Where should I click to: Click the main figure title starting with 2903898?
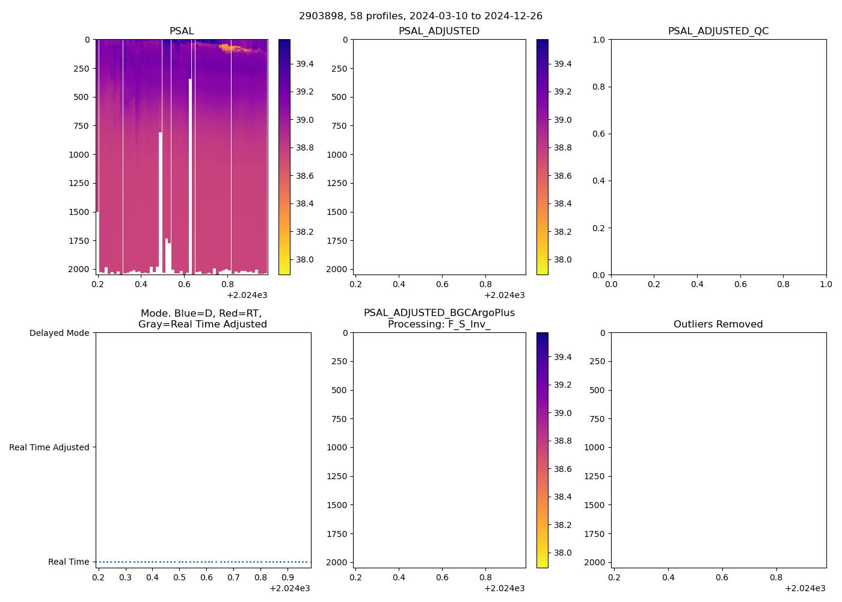coord(420,16)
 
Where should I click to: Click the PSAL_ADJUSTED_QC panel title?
coord(718,31)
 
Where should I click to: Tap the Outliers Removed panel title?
coord(718,324)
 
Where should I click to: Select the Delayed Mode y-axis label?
coord(59,333)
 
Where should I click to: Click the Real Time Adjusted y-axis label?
coord(49,447)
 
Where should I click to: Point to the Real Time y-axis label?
coord(69,562)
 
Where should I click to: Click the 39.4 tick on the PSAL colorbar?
coord(304,64)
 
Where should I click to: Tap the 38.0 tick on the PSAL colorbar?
coord(304,259)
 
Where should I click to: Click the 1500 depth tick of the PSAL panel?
coord(81,212)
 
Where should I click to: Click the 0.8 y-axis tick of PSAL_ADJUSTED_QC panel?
coord(598,87)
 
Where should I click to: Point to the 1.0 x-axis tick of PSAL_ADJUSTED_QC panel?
coord(826,284)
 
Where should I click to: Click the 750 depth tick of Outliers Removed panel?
coord(597,419)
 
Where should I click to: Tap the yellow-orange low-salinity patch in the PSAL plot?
coord(226,47)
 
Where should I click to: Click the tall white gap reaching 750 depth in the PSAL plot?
coord(160,199)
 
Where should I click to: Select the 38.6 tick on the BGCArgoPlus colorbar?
coord(562,469)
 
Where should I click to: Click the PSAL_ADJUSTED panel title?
coord(439,31)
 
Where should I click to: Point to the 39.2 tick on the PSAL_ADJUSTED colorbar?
coord(562,92)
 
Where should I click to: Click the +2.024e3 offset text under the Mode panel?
coord(289,588)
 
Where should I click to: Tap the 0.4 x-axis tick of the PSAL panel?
coord(141,284)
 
